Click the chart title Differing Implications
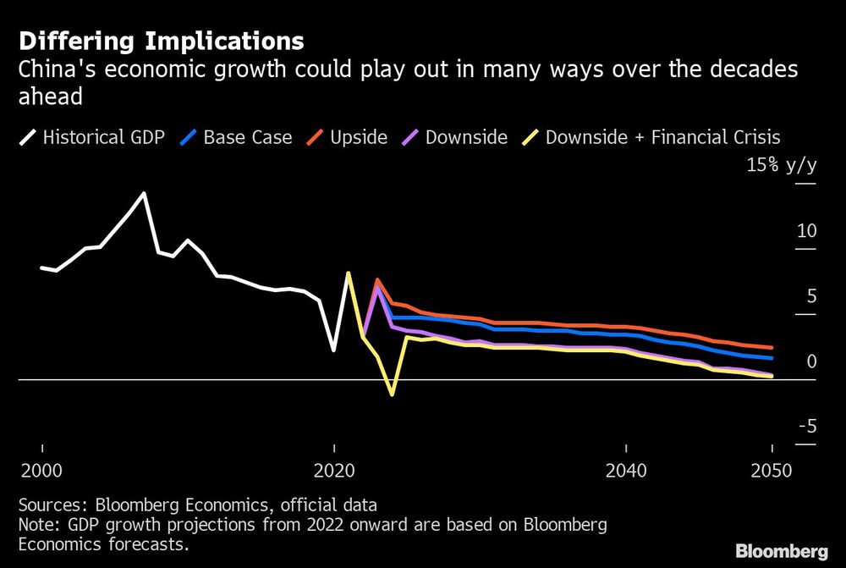[161, 41]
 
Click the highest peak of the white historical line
[144, 193]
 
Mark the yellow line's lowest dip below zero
[392, 394]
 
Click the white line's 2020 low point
[333, 350]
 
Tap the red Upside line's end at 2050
[772, 348]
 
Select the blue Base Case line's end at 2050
[772, 359]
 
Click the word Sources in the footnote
[49, 505]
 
